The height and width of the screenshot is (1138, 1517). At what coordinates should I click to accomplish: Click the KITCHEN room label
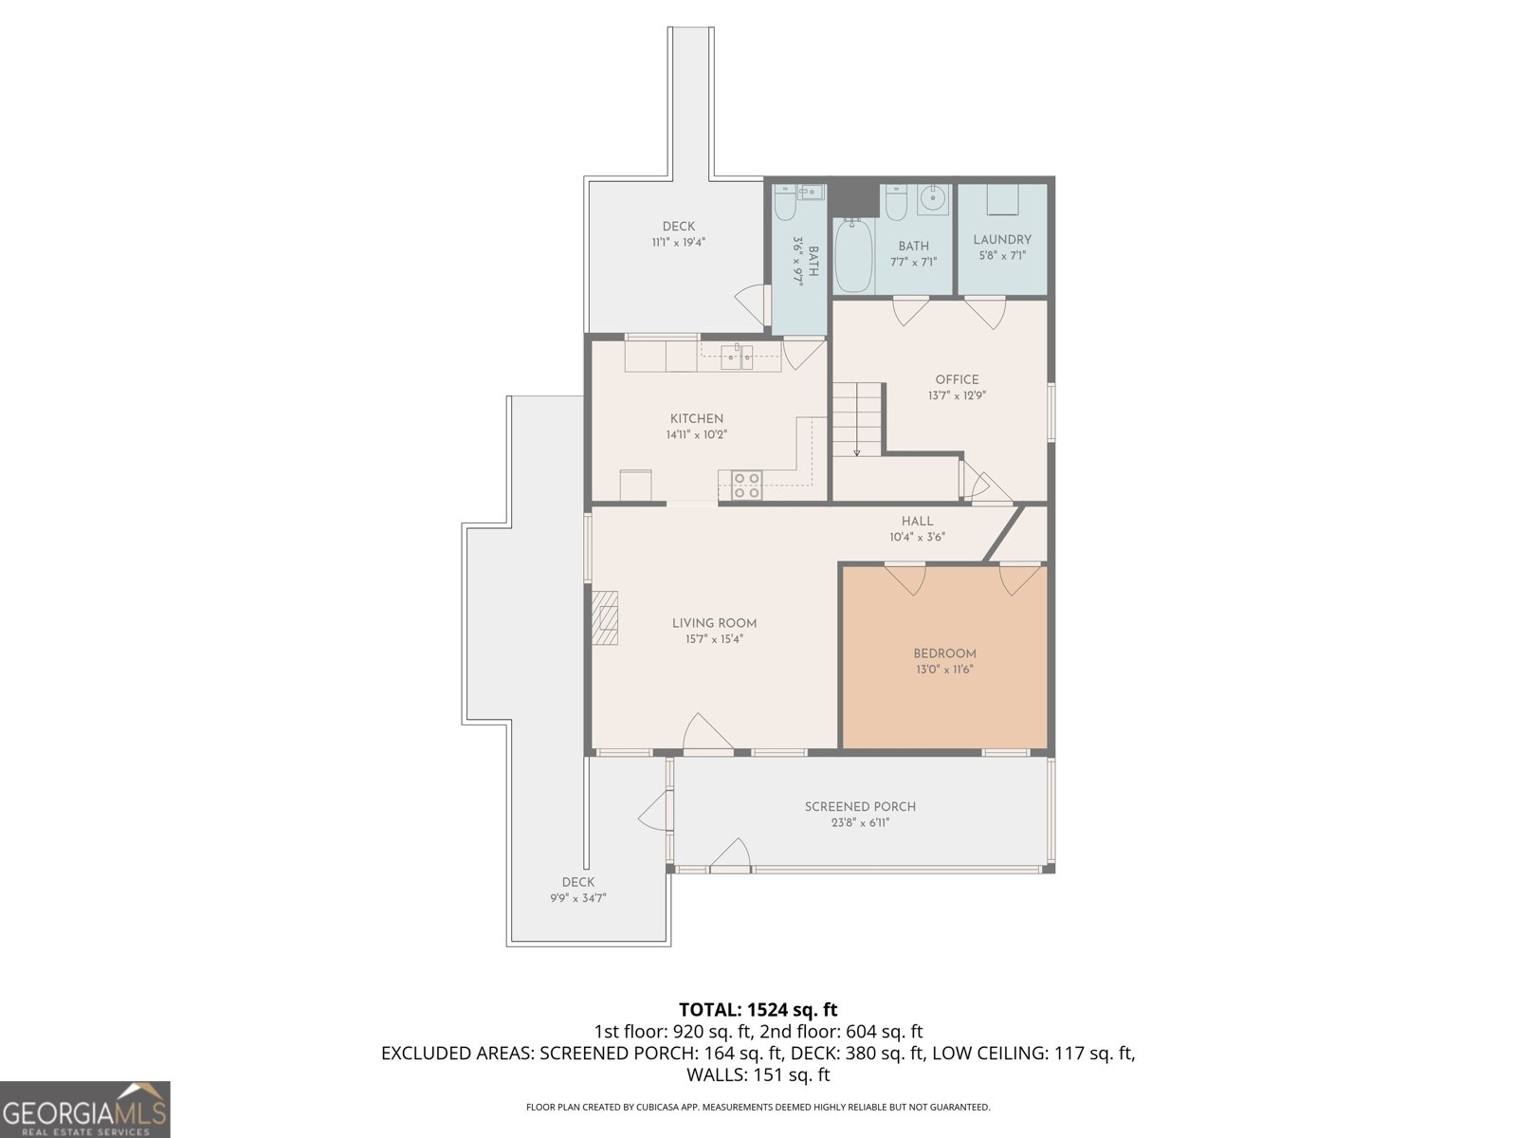[x=696, y=419]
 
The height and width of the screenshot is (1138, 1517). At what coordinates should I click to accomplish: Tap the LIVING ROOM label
[x=714, y=623]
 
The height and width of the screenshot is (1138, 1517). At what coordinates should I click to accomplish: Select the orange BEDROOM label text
[x=944, y=653]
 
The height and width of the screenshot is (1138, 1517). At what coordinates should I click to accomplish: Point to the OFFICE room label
[x=957, y=379]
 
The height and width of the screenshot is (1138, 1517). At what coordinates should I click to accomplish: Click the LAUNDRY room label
[x=1002, y=240]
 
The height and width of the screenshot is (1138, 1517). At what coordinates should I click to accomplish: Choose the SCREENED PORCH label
[x=860, y=806]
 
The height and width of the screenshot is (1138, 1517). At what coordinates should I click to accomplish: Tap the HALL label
[x=917, y=521]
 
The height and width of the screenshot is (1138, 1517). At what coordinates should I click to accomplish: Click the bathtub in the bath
[x=854, y=255]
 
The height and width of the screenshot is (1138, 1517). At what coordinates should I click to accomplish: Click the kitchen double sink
[x=737, y=358]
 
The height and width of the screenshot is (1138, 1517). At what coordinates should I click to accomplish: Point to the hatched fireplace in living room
[x=604, y=617]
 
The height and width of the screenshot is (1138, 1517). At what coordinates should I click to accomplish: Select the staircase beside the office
[x=856, y=419]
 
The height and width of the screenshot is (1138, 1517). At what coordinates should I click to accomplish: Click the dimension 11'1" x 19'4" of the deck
[x=678, y=243]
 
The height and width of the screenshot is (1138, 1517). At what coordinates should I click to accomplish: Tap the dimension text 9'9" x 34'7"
[x=577, y=898]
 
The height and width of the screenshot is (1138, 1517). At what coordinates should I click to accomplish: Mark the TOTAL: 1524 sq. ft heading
[x=758, y=1009]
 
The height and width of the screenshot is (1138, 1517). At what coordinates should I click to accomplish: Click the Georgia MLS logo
[x=84, y=1109]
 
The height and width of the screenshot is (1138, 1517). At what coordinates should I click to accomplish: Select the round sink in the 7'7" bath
[x=933, y=199]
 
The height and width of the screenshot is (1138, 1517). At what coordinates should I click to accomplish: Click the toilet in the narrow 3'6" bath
[x=784, y=202]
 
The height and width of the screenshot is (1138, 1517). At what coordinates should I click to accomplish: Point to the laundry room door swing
[x=985, y=313]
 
